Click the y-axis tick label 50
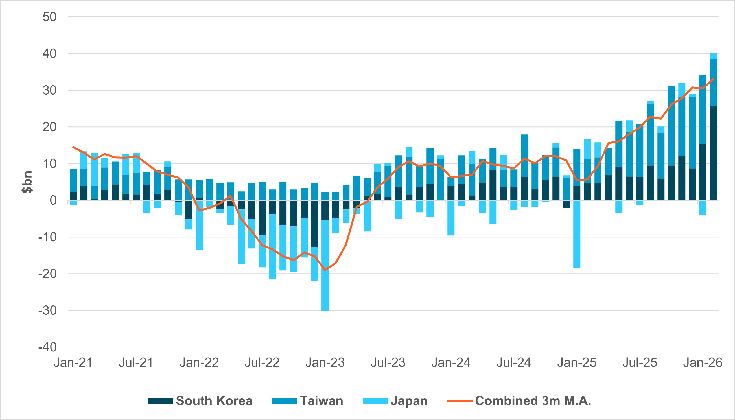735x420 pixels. (x=49, y=17)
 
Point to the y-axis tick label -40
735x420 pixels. (x=47, y=347)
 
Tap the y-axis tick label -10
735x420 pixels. (x=47, y=237)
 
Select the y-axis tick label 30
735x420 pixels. (x=49, y=90)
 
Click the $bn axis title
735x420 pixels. (x=27, y=182)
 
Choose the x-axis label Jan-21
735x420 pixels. (x=73, y=363)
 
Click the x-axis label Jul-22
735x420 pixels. (x=262, y=363)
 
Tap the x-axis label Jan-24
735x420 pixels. (x=450, y=363)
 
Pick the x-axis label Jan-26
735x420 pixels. (x=703, y=363)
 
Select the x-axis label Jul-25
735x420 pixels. (x=640, y=363)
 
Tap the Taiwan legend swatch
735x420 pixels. (x=284, y=401)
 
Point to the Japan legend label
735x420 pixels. (x=409, y=401)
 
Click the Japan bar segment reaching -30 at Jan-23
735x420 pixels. (x=325, y=265)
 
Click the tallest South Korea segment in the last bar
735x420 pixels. (x=713, y=153)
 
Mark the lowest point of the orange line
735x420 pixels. (x=325, y=270)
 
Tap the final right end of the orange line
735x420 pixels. (x=713, y=78)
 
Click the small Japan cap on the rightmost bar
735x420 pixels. (x=713, y=56)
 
